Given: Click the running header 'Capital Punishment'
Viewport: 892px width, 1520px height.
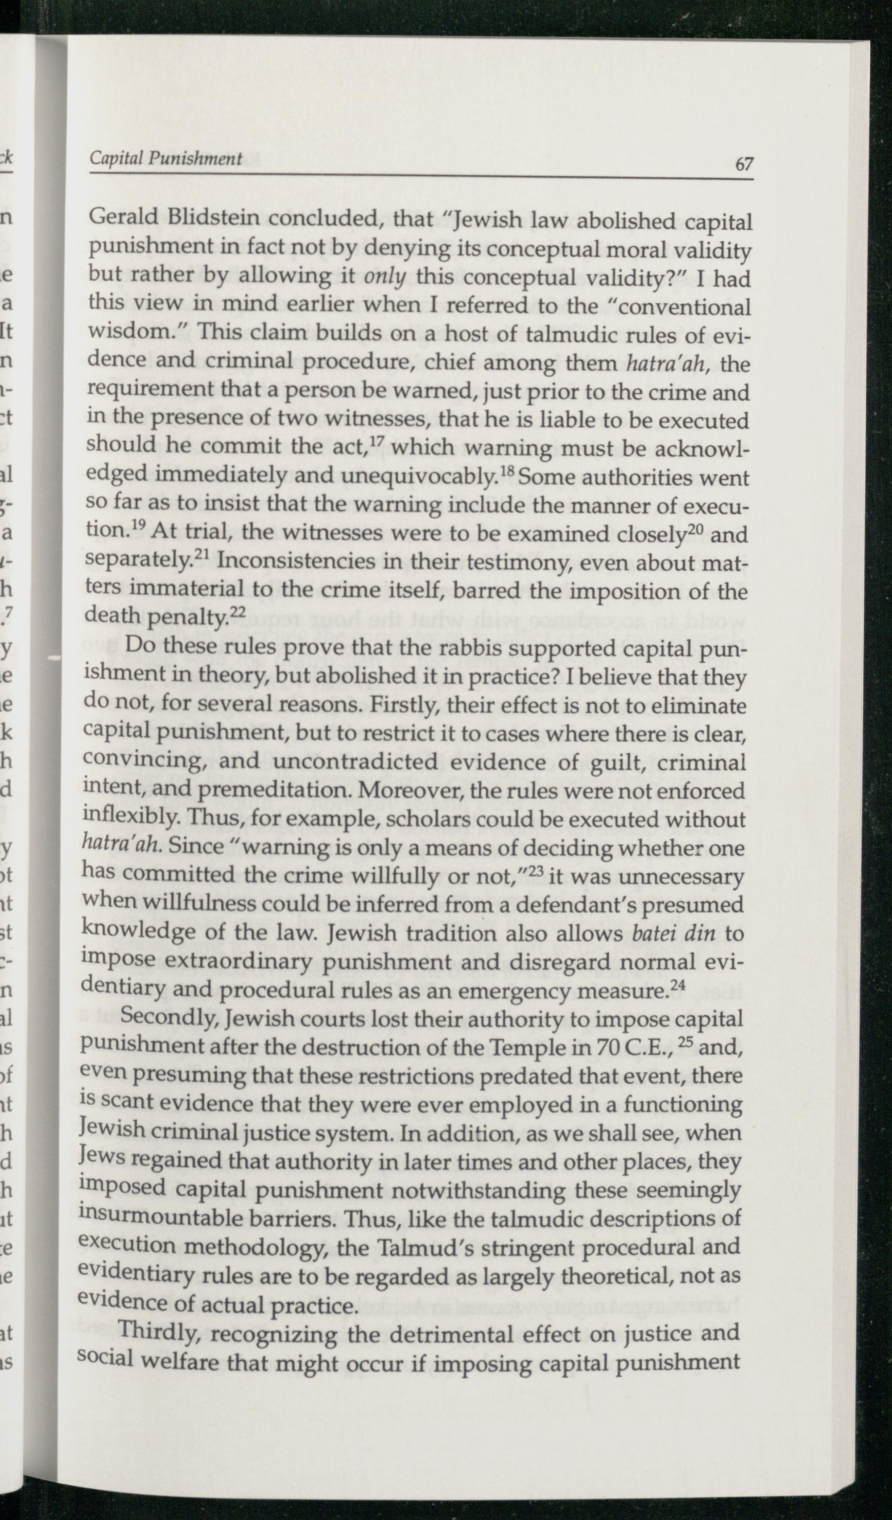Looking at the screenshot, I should tap(166, 159).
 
